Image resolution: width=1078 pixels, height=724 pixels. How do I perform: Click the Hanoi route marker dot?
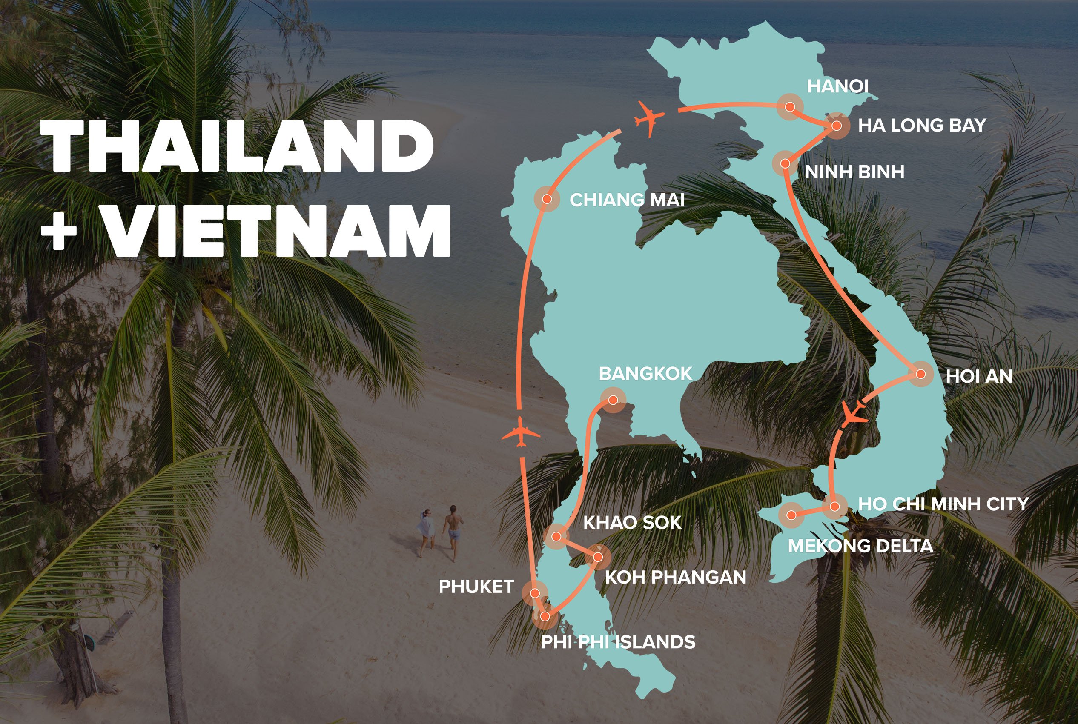[790, 107]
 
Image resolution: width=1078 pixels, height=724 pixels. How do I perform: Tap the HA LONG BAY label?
[922, 126]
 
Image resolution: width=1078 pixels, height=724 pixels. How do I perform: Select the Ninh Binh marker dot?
[785, 163]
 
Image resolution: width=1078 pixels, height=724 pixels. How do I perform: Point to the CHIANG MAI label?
[627, 200]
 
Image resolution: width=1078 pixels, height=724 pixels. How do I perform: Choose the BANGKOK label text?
[645, 374]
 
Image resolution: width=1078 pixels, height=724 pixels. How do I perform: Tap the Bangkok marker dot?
[613, 400]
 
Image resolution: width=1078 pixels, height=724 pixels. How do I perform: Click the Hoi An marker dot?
[920, 374]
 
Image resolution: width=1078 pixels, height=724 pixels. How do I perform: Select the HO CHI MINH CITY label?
[943, 504]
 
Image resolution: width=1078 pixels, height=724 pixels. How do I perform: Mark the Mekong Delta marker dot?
[791, 515]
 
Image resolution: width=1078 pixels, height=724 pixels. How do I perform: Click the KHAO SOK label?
[632, 523]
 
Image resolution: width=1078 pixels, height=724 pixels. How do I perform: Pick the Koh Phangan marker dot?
[598, 557]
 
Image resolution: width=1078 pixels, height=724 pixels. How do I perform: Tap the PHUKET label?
[476, 587]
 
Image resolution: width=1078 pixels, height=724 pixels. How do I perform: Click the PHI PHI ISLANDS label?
[618, 642]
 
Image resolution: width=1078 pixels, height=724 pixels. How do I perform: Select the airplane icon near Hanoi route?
[650, 118]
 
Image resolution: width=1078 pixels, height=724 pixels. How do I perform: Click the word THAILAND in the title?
[236, 146]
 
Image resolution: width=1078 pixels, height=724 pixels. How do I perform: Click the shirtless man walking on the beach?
[453, 532]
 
